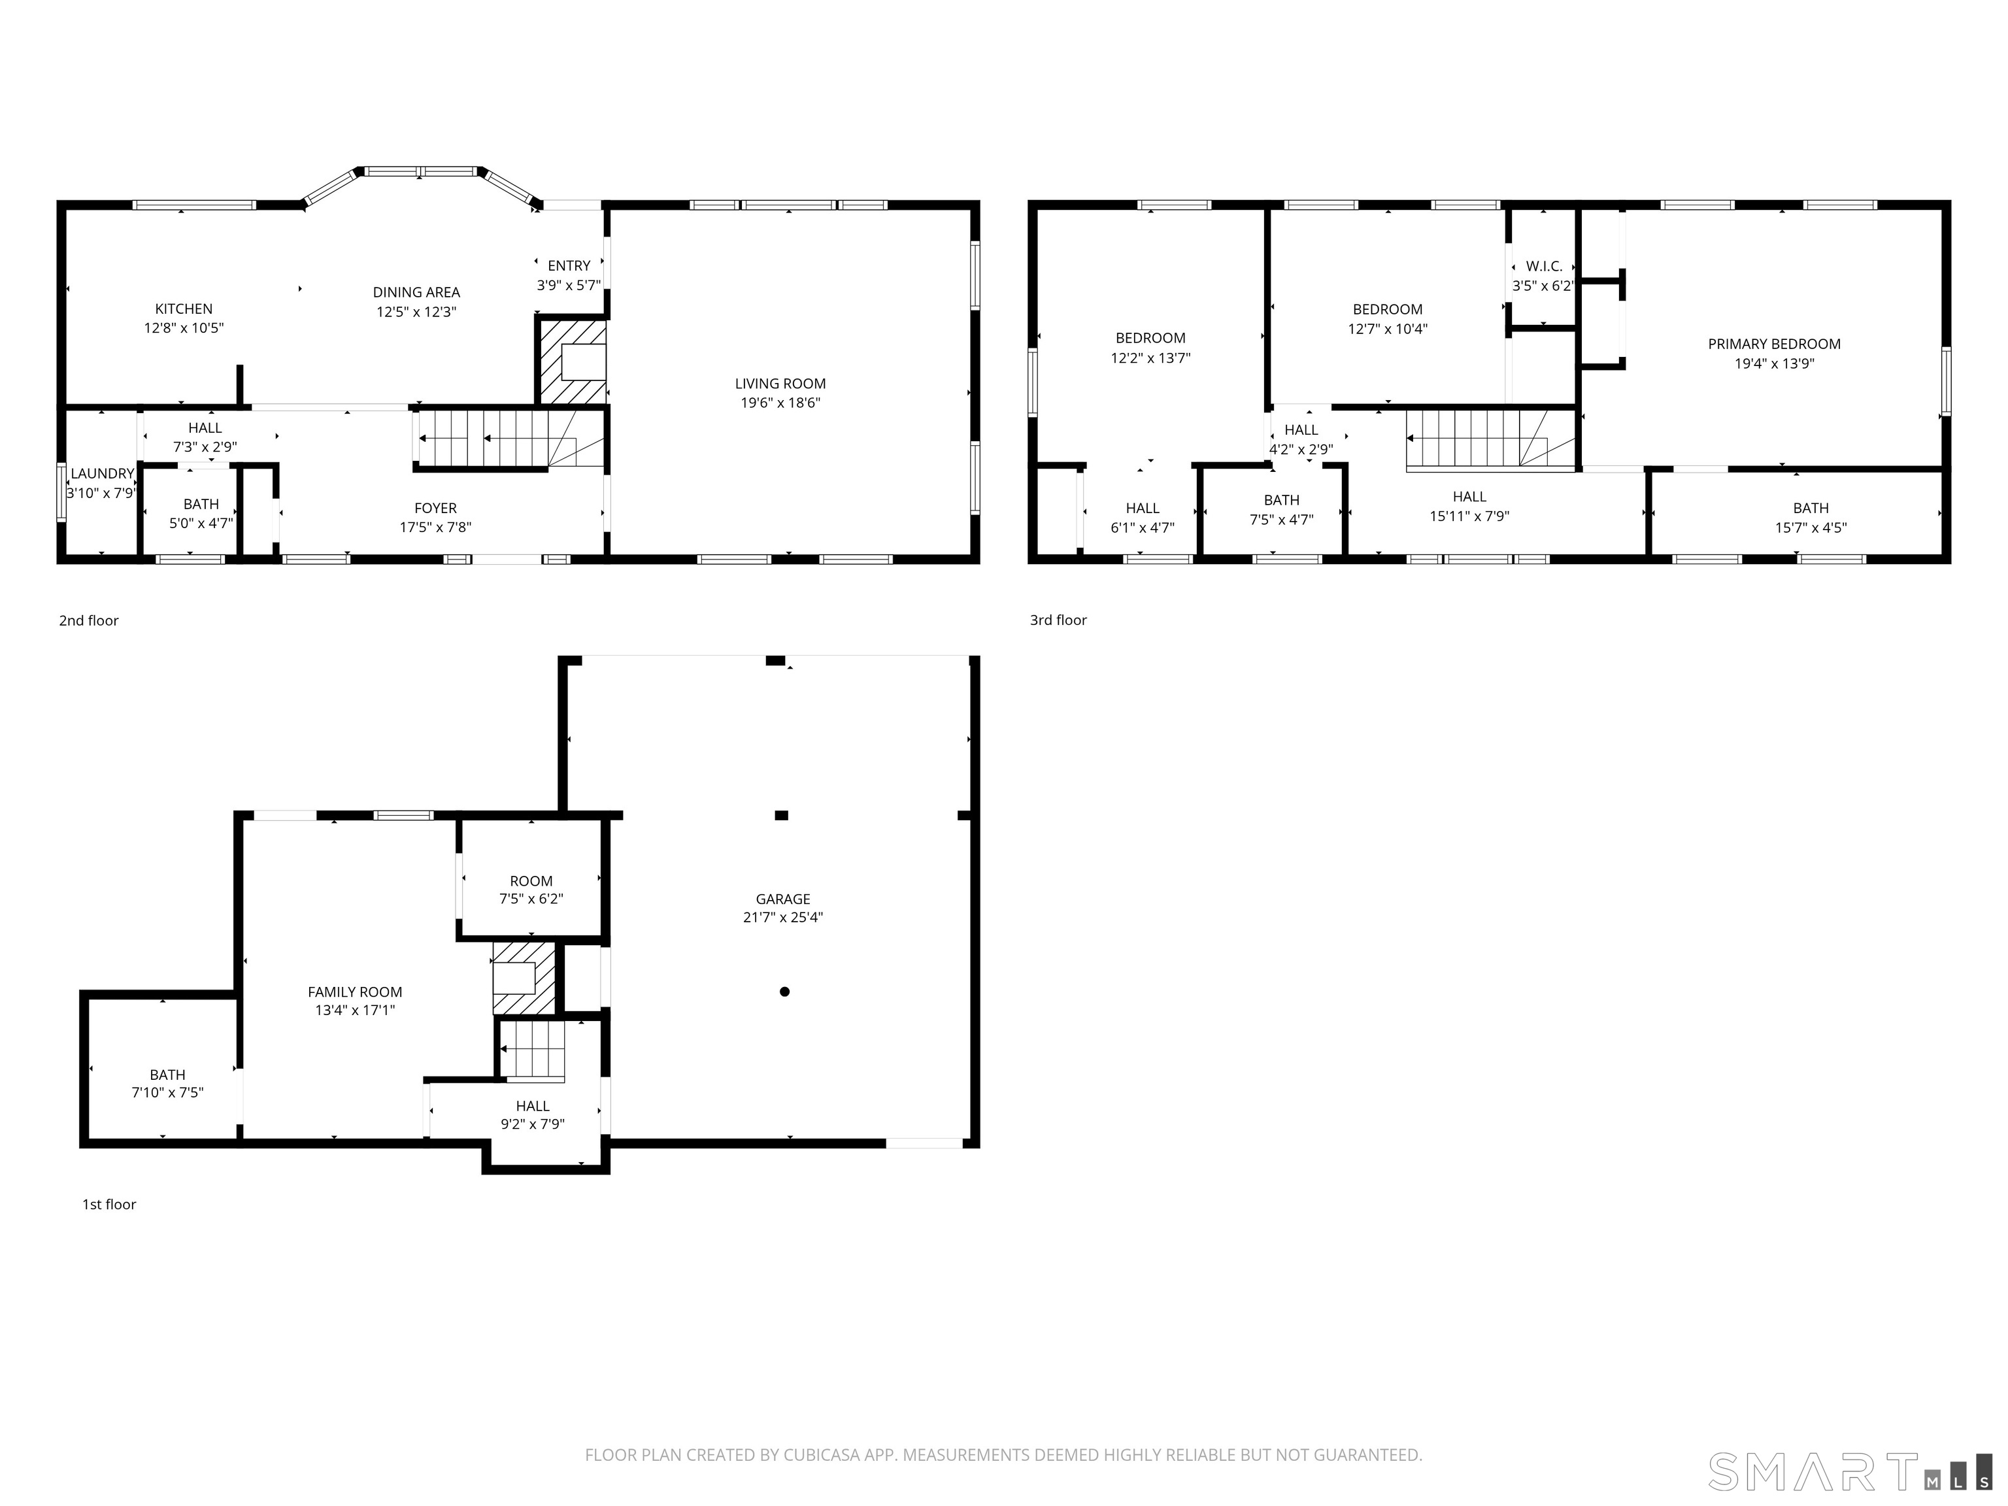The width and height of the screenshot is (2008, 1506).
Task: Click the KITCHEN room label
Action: pos(184,309)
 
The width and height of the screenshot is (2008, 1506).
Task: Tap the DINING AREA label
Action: pos(416,292)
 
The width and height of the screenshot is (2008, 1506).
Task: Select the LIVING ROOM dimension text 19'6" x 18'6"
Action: pos(780,403)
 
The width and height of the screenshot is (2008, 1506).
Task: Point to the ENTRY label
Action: pos(569,265)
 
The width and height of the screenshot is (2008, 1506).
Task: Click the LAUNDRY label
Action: pos(102,473)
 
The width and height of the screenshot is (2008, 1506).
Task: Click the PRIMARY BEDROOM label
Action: pos(1774,344)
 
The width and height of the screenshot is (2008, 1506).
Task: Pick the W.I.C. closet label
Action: pos(1544,266)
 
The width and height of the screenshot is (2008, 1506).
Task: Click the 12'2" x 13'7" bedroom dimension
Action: pos(1150,358)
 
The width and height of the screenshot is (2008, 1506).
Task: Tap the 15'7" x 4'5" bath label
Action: pos(1811,527)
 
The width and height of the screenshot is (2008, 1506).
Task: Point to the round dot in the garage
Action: pos(784,992)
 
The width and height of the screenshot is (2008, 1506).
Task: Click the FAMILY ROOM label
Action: pos(355,992)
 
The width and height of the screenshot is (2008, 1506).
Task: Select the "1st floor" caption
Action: pos(109,1205)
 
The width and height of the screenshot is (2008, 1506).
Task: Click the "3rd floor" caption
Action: pos(1058,620)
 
